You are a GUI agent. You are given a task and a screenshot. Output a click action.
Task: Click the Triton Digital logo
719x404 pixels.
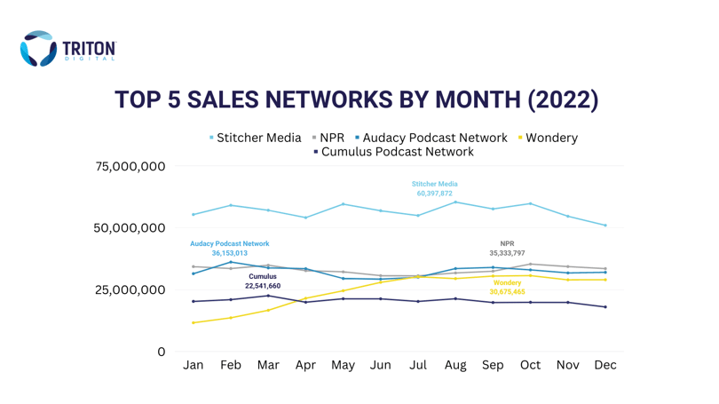(67, 49)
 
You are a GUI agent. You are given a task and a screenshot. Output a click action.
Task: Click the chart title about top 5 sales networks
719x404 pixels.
(356, 99)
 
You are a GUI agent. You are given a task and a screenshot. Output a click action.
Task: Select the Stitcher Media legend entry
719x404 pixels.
(256, 138)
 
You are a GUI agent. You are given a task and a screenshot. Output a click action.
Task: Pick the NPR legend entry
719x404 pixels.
(328, 138)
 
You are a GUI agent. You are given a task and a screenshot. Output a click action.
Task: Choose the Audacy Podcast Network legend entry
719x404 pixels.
(431, 138)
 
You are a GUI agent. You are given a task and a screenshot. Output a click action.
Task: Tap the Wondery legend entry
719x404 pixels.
(548, 138)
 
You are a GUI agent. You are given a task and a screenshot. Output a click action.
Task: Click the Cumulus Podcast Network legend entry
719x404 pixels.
(394, 152)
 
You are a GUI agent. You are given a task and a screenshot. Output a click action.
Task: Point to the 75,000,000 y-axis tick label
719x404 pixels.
(130, 166)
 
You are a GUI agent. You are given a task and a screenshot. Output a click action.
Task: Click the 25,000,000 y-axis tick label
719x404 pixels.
(130, 289)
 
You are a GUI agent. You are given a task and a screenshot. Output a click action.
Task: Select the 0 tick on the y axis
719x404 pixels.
(162, 352)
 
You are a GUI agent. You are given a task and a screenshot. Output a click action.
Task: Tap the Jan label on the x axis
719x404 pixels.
(193, 365)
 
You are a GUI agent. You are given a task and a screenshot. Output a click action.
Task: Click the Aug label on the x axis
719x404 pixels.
(455, 366)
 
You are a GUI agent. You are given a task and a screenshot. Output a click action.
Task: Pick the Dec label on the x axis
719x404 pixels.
(605, 365)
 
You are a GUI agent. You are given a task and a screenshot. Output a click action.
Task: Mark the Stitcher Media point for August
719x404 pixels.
(455, 202)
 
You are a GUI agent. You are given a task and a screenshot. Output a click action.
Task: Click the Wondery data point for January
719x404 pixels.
(193, 323)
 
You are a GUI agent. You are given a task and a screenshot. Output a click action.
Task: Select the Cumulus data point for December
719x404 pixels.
(605, 307)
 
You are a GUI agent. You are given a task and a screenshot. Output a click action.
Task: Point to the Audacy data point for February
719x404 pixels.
(231, 262)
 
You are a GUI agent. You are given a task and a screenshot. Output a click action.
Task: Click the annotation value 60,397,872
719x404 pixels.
(434, 194)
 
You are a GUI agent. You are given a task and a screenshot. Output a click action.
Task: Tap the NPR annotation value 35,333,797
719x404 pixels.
(507, 253)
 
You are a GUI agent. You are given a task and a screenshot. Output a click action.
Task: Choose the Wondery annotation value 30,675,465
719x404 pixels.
(507, 291)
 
